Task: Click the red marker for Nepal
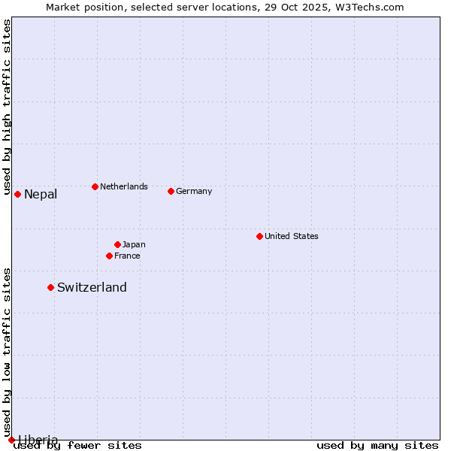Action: click(17, 195)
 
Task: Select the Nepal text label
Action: click(41, 195)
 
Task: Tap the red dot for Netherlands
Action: click(95, 186)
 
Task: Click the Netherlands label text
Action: click(124, 186)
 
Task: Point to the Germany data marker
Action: click(171, 191)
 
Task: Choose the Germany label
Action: click(194, 191)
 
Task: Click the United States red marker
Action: click(259, 236)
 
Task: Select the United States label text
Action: click(292, 236)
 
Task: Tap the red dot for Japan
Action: click(117, 244)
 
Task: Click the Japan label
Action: click(134, 244)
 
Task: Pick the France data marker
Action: click(109, 256)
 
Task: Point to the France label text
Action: click(127, 256)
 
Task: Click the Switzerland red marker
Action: click(50, 287)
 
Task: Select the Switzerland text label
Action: click(92, 287)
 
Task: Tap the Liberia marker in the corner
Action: click(11, 440)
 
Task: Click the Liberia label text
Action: click(38, 440)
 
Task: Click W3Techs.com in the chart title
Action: click(368, 7)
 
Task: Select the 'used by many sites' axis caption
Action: click(377, 446)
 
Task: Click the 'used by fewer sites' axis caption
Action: click(77, 446)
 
